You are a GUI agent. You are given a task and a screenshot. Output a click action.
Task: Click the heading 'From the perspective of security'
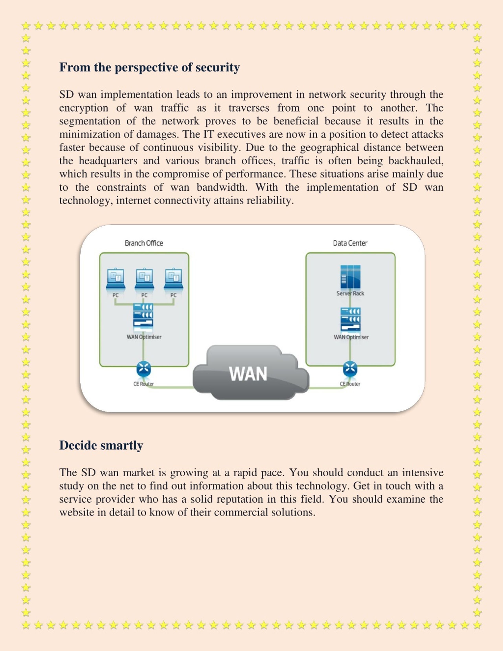point(149,67)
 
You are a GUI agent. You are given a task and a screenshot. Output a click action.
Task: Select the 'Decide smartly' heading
point(101,445)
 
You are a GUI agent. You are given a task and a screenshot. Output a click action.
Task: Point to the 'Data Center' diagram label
point(350,243)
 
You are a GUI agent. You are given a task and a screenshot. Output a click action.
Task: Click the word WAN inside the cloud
point(248,374)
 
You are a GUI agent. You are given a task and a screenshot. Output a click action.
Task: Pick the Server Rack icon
point(351,277)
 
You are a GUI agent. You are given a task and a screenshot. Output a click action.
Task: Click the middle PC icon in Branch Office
point(144,279)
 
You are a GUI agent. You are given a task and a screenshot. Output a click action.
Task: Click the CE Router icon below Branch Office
point(144,369)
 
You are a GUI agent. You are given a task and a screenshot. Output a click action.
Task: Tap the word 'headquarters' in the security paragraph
point(108,161)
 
